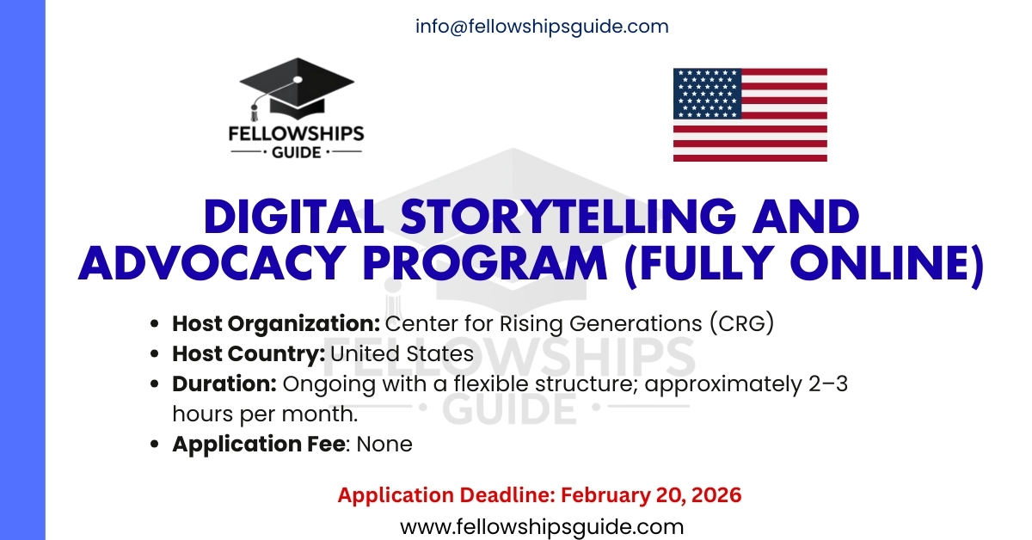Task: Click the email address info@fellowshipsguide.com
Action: [542, 27]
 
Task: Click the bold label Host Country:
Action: [249, 353]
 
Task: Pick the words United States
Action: [402, 353]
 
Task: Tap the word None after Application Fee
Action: [384, 444]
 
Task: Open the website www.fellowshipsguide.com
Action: [542, 526]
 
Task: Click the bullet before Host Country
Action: [155, 354]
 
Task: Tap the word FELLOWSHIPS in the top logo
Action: [296, 134]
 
